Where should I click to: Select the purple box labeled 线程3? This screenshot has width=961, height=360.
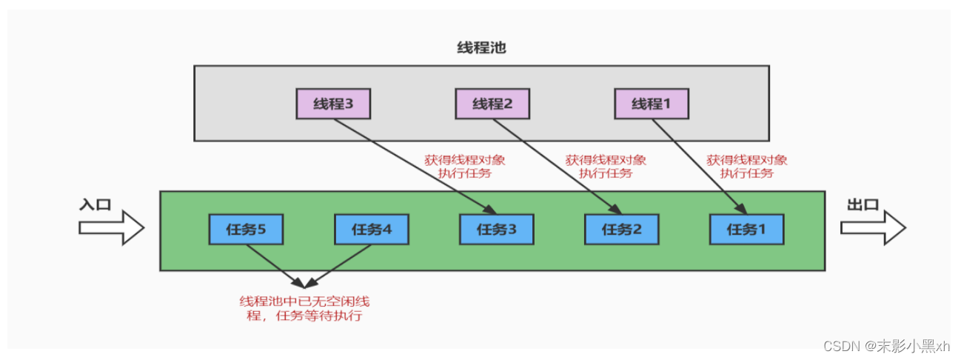[x=333, y=104]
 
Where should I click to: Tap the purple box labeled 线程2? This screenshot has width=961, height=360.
[x=492, y=104]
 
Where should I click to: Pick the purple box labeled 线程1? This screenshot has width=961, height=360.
[x=652, y=104]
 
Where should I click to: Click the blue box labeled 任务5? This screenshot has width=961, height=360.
[x=246, y=229]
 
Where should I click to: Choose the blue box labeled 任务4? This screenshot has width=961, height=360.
[x=371, y=229]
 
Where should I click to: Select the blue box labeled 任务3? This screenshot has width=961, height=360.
[x=496, y=229]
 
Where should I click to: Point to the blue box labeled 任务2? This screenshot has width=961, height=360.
[x=621, y=229]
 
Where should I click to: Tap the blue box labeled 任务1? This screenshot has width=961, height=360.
[x=746, y=229]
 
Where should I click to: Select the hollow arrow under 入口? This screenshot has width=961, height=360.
[x=111, y=226]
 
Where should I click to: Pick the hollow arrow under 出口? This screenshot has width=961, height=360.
[x=873, y=226]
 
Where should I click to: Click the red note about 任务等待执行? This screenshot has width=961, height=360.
[x=304, y=309]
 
